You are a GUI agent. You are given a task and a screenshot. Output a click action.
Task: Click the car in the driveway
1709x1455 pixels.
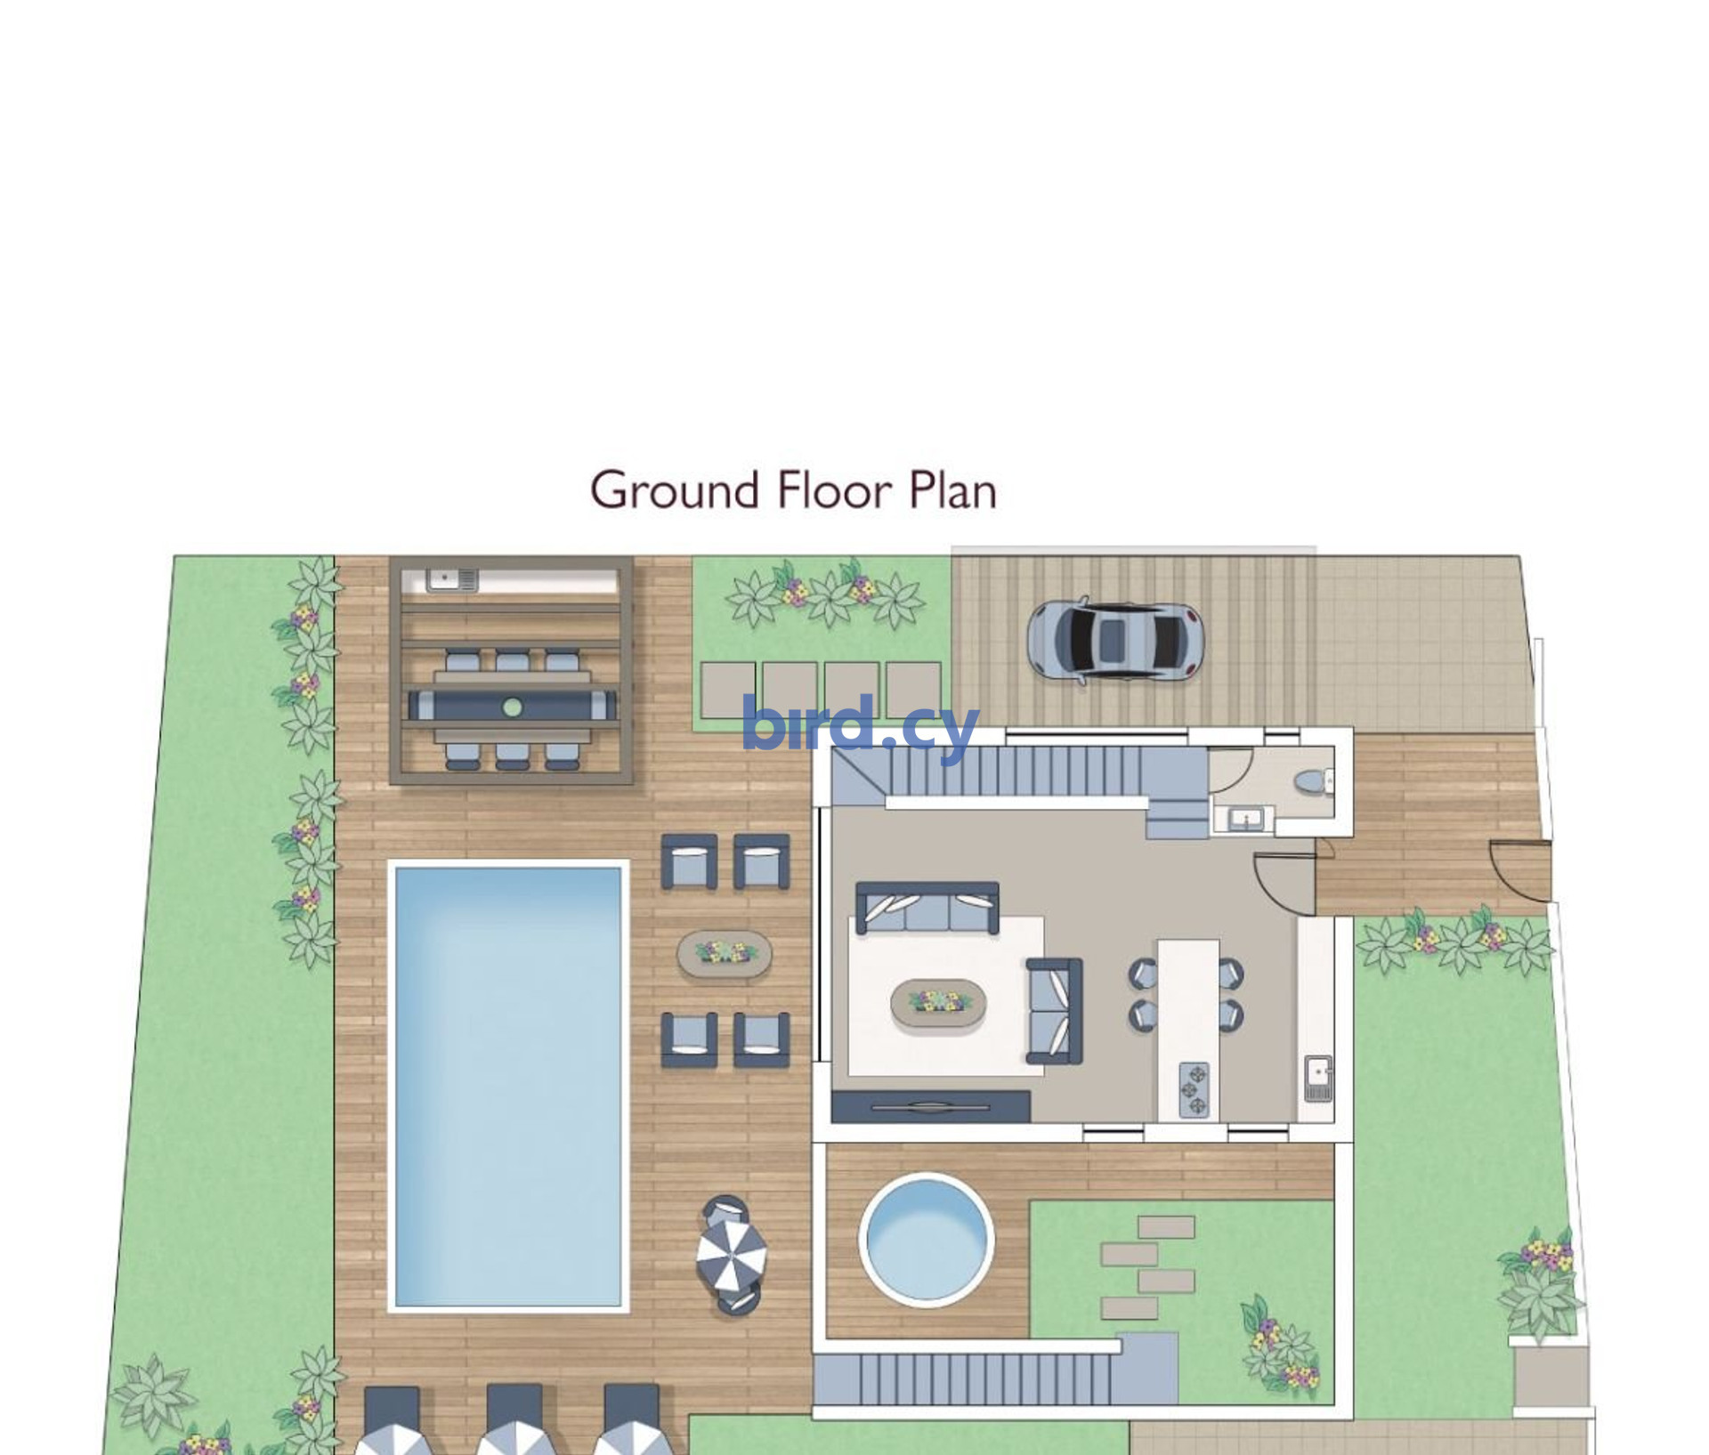[1115, 638]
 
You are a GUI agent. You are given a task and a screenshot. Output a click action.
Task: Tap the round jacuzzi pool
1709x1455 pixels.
[927, 1239]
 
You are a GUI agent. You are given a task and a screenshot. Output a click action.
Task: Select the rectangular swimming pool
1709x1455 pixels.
[508, 1086]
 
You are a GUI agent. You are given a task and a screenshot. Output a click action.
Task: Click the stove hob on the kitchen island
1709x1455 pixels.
[1194, 1090]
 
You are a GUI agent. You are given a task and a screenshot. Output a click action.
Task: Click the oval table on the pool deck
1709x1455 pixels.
[725, 954]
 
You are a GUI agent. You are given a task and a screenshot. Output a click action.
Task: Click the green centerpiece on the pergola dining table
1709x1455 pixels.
[513, 707]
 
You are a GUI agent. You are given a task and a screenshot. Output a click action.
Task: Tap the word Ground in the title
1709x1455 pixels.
[676, 489]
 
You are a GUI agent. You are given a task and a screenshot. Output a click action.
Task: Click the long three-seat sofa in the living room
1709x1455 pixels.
[927, 908]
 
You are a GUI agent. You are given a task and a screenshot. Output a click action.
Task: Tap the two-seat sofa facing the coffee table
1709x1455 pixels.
[1055, 1011]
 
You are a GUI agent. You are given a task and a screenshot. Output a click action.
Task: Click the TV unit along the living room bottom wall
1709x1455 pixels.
[931, 1106]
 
